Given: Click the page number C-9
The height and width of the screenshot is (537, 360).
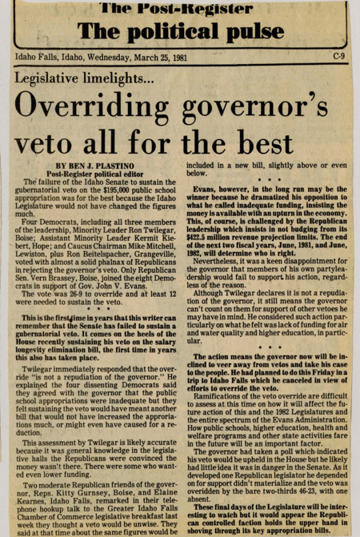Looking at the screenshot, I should [340, 56].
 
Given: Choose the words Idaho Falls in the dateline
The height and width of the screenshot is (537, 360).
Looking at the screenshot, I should [36, 56].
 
